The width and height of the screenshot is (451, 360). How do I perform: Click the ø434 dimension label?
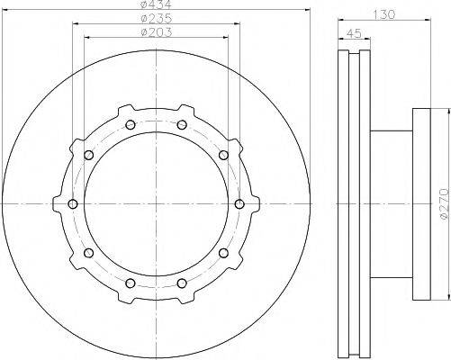click(156, 4)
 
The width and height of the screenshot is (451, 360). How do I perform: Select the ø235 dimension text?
click(157, 19)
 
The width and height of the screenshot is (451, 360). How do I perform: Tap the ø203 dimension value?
click(157, 32)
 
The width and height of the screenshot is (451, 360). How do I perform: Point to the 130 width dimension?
click(383, 14)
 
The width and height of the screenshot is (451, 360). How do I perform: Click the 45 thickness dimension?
click(354, 33)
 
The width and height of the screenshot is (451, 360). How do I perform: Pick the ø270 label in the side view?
click(446, 203)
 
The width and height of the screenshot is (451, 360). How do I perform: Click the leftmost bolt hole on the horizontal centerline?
click(73, 204)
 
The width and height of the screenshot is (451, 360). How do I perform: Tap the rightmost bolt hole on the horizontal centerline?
click(239, 204)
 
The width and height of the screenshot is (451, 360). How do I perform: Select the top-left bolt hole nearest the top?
click(131, 125)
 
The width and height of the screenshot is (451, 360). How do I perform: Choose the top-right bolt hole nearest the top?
click(182, 125)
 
